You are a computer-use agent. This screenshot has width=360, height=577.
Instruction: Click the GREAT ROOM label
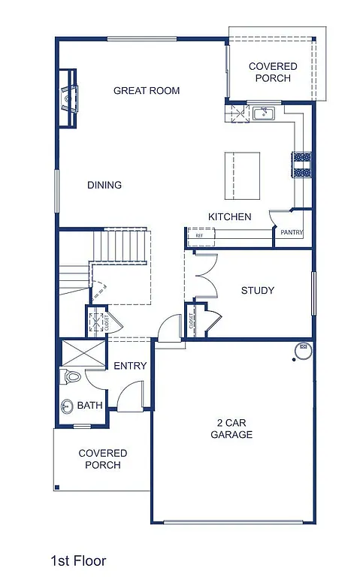[x=147, y=91]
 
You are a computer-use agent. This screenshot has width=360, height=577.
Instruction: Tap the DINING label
[x=104, y=186]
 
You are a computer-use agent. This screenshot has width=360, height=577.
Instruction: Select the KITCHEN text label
[x=229, y=217]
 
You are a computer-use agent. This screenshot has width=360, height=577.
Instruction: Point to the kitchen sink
[x=264, y=113]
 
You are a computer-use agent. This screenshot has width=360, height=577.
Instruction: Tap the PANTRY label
[x=292, y=233]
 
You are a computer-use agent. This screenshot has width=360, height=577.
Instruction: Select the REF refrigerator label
[x=199, y=236]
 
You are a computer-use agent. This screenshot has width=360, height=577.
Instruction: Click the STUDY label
[x=257, y=291]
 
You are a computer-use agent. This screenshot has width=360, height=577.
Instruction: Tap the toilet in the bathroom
[x=70, y=376]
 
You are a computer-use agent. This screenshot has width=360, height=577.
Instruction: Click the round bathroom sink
[x=67, y=406]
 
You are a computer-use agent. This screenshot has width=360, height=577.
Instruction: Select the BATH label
[x=89, y=406]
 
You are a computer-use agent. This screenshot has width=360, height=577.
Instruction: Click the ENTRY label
[x=129, y=366]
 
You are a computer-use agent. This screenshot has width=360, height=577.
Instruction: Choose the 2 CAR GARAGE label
[x=231, y=429]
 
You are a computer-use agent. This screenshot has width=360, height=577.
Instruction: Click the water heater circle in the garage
[x=304, y=349]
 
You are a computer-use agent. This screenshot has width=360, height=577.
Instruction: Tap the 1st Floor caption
[x=78, y=560]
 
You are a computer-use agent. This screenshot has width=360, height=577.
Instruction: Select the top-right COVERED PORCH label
[x=273, y=72]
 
